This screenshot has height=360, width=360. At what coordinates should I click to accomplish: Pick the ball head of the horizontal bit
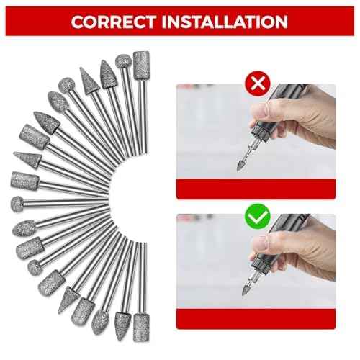(17, 204)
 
